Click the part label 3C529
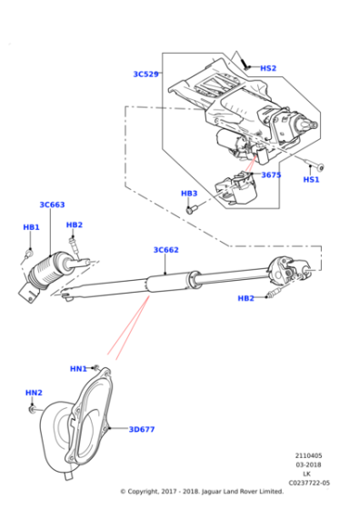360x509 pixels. pos(145,74)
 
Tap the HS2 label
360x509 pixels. pos(268,68)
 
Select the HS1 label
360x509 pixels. pos(311,180)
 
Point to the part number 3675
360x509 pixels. pos(272,175)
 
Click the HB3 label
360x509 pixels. pos(189,194)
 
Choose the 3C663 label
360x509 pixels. pos(52,205)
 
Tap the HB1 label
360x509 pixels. pos(31,227)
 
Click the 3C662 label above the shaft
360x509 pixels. pos(165,249)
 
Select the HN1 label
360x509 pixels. pos(78,368)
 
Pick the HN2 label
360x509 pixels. pos(34,393)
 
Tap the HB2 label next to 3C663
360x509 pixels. pos(74,225)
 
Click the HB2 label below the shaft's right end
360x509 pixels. pos(246,298)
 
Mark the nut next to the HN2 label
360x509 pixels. pos(33,409)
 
